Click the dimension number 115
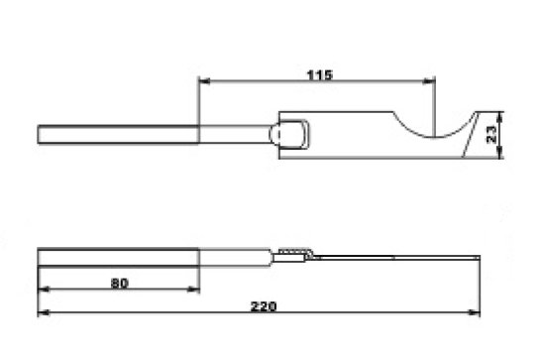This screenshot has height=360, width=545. tap(320, 74)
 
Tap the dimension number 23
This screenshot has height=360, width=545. tap(490, 135)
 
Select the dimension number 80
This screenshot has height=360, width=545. tap(120, 283)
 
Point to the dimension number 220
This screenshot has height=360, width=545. tap(264, 306)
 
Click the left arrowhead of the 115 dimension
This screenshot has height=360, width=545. tap(204, 81)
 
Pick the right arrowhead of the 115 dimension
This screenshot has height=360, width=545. tap(428, 81)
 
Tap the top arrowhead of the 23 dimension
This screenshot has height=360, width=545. tap(500, 117)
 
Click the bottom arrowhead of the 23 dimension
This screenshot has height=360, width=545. tap(500, 153)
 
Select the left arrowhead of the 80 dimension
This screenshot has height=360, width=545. tap(44, 289)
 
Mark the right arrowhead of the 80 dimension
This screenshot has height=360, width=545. tap(193, 289)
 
